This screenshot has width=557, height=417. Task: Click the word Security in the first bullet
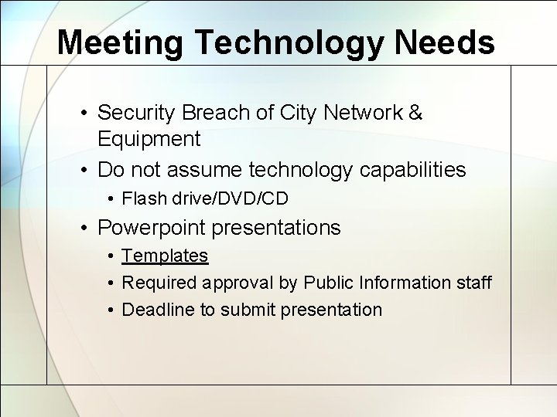coord(137,113)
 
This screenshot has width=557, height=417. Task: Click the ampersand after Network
coord(415,113)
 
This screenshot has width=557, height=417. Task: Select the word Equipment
coord(149,140)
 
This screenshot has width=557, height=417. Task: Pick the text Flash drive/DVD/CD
coord(205,199)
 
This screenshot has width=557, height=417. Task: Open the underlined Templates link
coord(166,256)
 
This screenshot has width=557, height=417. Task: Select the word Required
coord(159,283)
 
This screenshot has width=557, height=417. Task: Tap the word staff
coord(473,283)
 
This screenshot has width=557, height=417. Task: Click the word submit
coord(246,310)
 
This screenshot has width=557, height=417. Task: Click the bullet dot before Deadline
coord(112,310)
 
